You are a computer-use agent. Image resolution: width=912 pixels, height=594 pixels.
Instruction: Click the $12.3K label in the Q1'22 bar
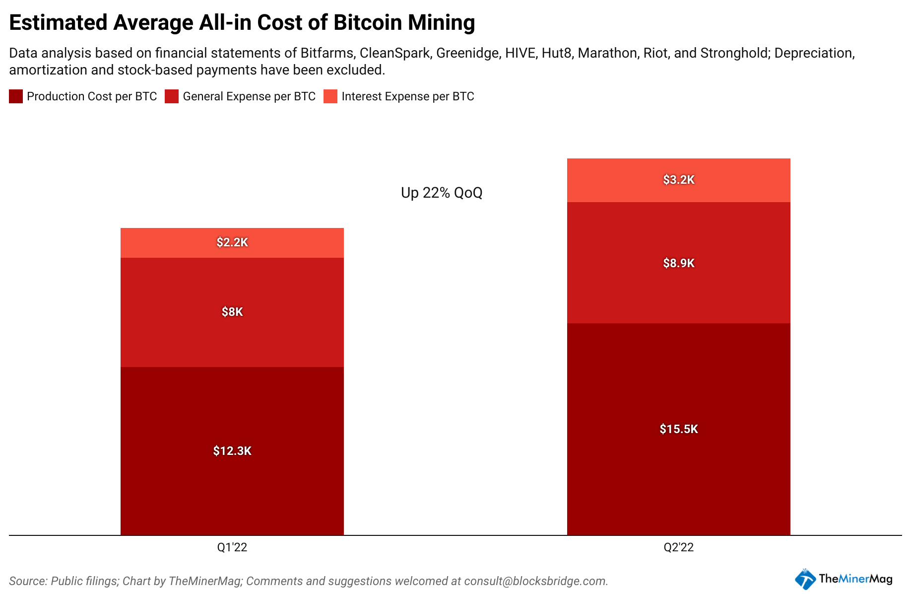[x=232, y=451]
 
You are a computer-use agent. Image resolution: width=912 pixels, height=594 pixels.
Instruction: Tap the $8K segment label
[x=232, y=312]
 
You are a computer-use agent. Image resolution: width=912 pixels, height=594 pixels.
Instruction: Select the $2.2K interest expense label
[x=232, y=242]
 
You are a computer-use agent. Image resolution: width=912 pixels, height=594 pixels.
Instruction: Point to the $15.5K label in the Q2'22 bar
[x=679, y=429]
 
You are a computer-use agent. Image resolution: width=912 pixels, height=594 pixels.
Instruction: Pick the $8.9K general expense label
[x=679, y=263]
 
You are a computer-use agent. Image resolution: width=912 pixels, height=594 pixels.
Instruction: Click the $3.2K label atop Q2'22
[x=679, y=180]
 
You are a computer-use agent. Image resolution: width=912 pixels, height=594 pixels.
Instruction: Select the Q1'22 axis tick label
[x=232, y=547]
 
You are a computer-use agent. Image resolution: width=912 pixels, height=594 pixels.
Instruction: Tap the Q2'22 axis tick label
[x=679, y=547]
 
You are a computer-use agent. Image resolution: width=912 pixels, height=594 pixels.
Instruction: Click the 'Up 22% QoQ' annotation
[x=442, y=193]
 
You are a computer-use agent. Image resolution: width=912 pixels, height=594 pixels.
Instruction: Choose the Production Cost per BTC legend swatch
[x=16, y=96]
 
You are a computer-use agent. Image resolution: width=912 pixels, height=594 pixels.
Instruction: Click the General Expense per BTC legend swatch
[x=172, y=96]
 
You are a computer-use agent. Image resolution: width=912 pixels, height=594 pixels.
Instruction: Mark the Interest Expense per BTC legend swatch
[x=330, y=96]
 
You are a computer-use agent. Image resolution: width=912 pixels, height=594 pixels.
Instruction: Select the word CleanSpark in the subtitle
[x=394, y=53]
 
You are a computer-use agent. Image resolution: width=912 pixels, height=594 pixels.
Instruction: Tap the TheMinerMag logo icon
[x=805, y=579]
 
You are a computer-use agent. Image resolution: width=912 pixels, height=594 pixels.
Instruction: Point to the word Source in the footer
[x=28, y=581]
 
